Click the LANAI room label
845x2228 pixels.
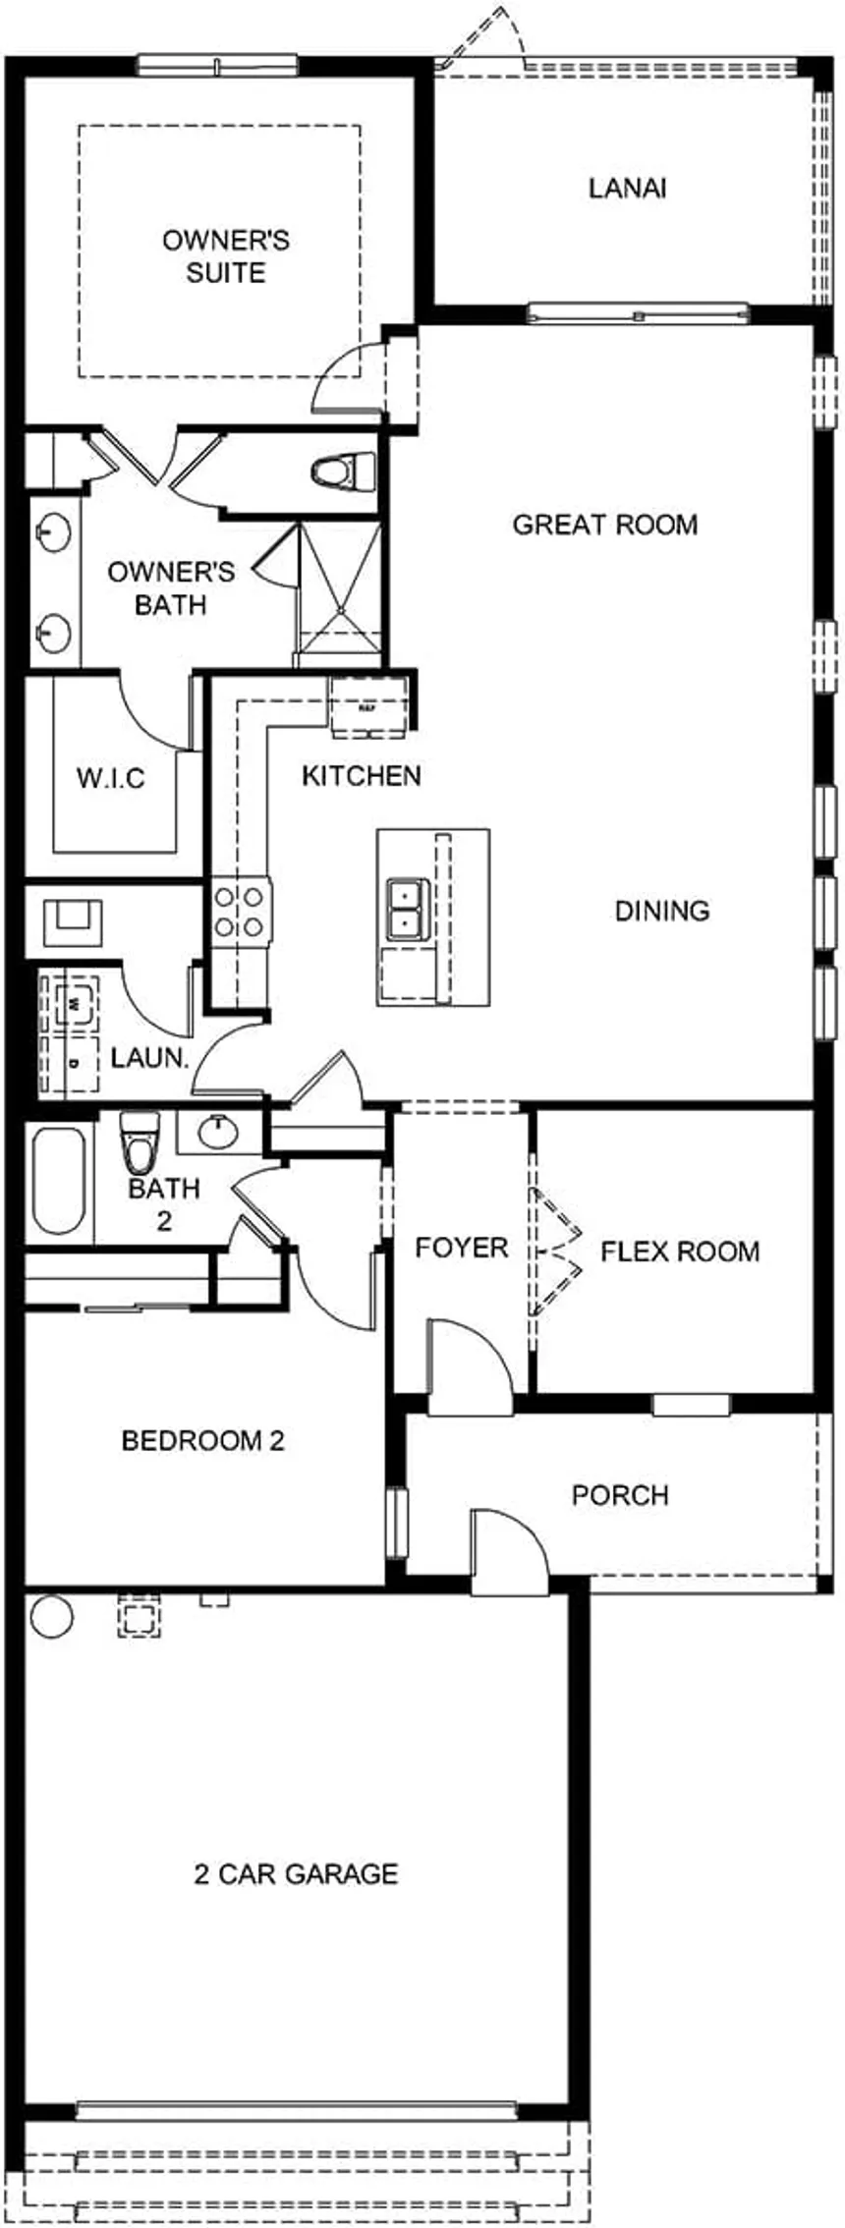tap(627, 188)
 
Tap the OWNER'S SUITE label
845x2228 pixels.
tap(225, 256)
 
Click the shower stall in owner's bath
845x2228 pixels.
tap(338, 589)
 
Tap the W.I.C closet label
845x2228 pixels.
tap(111, 779)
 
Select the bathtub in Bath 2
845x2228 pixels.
tap(58, 1182)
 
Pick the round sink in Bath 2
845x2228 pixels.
tap(218, 1132)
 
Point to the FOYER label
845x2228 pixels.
tap(461, 1248)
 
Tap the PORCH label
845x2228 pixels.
tap(620, 1494)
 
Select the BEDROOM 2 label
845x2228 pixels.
tap(202, 1440)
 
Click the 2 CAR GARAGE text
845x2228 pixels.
tap(296, 1873)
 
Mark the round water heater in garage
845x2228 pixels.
tap(51, 1615)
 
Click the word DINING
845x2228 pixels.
tap(661, 911)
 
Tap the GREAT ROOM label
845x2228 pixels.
tap(604, 525)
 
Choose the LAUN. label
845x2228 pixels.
tap(149, 1058)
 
